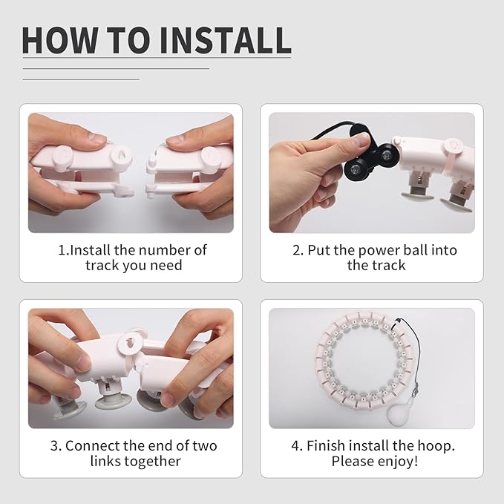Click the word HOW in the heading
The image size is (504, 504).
(60, 40)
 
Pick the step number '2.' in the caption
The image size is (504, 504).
(298, 250)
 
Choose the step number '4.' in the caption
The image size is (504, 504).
(297, 446)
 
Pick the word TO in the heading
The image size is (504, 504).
(128, 40)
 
